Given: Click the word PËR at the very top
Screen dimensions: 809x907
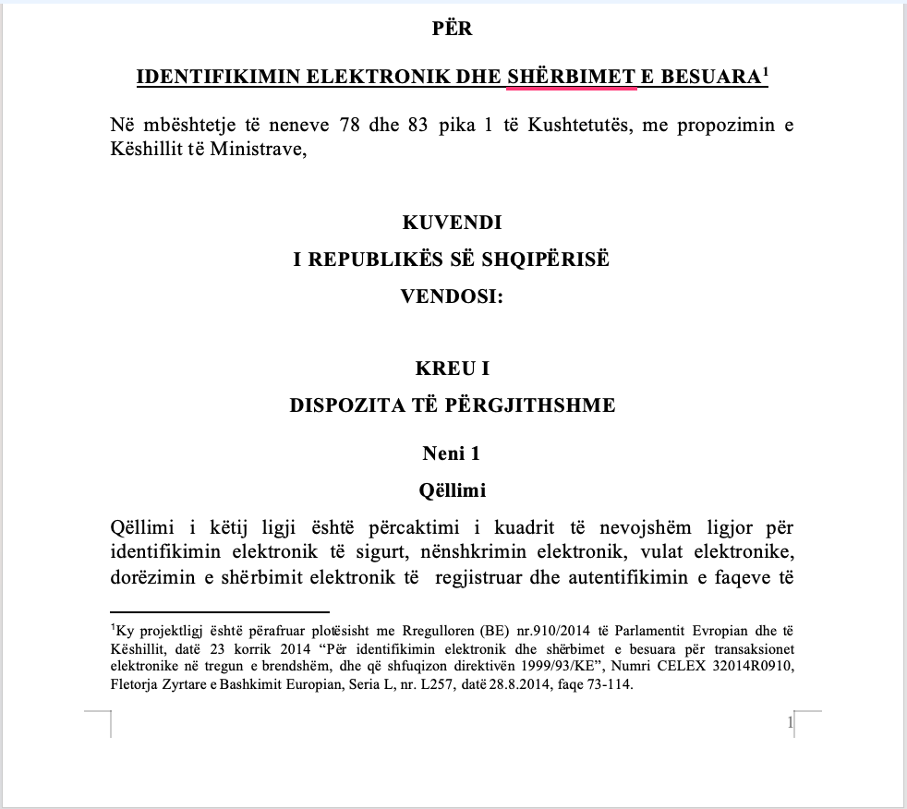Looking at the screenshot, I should pos(453,30).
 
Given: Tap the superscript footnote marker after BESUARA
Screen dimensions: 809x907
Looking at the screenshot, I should pos(765,71).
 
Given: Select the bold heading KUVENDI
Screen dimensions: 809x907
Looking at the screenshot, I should pos(453,223).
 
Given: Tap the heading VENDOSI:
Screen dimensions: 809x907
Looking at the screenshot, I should pos(453,296).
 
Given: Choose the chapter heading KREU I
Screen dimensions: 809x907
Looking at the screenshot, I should pos(453,368).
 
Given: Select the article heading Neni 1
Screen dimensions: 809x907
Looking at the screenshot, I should pos(453,453).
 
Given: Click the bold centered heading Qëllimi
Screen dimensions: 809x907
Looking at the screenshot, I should pos(453,489).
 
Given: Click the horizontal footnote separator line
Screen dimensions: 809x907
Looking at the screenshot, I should pos(220,611).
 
